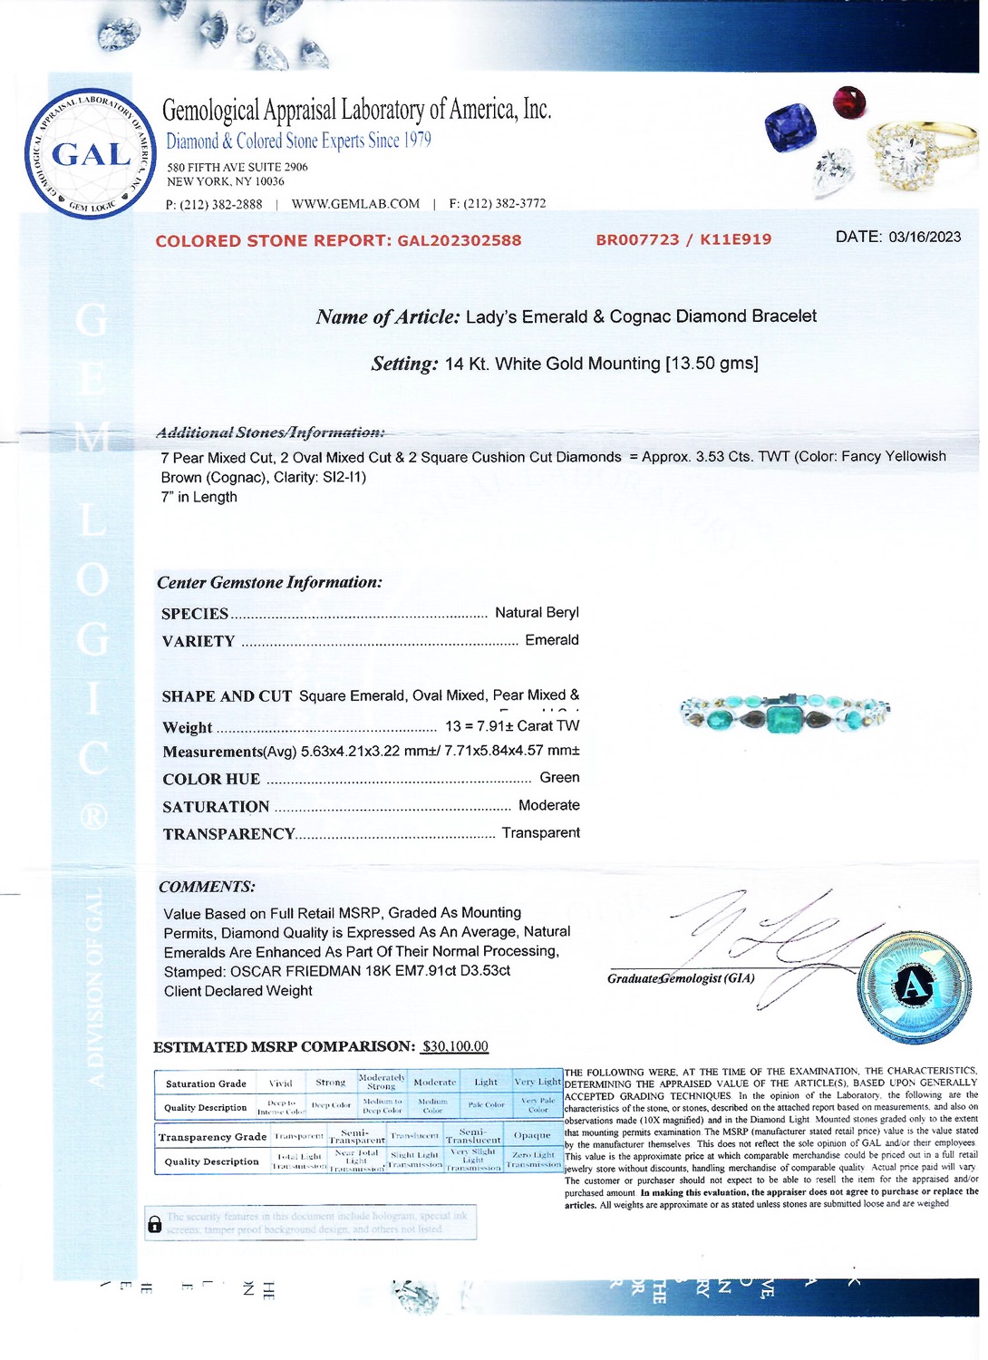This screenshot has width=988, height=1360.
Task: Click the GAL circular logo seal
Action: click(x=91, y=153)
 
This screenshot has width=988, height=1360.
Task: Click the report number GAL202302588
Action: click(x=460, y=240)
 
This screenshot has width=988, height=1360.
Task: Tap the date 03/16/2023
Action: click(x=925, y=237)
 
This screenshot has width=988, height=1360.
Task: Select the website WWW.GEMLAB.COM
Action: click(x=355, y=204)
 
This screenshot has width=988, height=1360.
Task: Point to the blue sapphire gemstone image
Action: click(x=790, y=127)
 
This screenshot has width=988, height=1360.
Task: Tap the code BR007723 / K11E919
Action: click(x=683, y=239)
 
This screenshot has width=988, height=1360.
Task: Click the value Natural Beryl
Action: click(x=537, y=613)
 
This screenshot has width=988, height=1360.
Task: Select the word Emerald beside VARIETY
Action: click(x=551, y=640)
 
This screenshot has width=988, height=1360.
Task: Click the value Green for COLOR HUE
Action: click(x=559, y=778)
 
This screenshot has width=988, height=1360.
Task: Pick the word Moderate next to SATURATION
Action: click(x=548, y=805)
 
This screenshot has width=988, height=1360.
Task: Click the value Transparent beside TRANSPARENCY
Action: click(x=540, y=832)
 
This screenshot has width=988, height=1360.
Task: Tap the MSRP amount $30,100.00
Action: click(x=455, y=1046)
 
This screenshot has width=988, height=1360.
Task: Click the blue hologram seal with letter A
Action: click(x=914, y=986)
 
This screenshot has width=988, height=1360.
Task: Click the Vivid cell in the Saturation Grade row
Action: click(x=281, y=1083)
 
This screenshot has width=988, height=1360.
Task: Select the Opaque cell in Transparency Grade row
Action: click(x=532, y=1135)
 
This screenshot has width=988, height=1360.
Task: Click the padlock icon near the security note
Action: click(x=155, y=1224)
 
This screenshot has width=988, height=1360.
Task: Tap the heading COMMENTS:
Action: click(x=207, y=887)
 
